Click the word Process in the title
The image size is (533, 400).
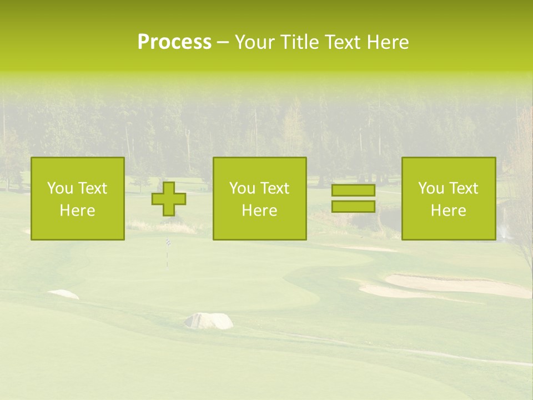174,42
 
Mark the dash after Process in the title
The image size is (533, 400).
223,43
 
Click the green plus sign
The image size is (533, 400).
169,199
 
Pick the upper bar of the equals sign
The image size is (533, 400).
353,191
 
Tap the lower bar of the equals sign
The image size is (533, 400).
353,207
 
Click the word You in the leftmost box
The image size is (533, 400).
59,188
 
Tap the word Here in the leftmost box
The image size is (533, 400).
77,211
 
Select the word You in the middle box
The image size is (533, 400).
241,188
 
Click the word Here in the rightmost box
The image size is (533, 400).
448,211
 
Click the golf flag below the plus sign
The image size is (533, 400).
167,243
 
